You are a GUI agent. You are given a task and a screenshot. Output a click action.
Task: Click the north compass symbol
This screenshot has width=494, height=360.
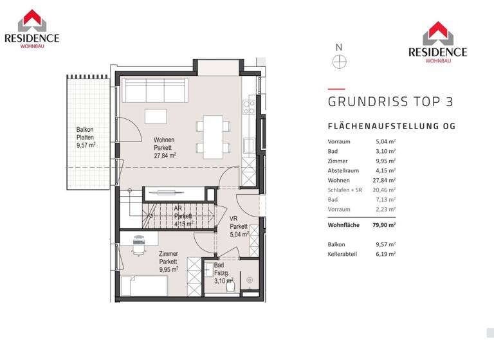pos(339,62)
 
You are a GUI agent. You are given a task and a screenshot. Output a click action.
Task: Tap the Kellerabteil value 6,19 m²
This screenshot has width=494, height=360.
pos(386,254)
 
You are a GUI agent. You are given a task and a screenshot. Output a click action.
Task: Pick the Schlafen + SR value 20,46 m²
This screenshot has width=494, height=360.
pos(386,190)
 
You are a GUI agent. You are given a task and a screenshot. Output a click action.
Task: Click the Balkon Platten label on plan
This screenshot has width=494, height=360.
pos(86,137)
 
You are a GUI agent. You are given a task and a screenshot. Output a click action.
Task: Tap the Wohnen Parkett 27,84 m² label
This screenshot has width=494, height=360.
pos(165,147)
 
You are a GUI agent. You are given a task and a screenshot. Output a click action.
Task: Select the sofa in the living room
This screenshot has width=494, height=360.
pos(154,89)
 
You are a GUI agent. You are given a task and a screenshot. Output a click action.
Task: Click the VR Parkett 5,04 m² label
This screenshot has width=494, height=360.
pos(239,226)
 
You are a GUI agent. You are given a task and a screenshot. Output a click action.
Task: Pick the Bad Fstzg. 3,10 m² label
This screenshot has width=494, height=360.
pos(223,273)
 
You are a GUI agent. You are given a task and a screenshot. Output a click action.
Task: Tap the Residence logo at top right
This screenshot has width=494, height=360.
pos(437,42)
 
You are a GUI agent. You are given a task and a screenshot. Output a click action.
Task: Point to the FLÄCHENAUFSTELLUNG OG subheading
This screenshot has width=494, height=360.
pos(392,127)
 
